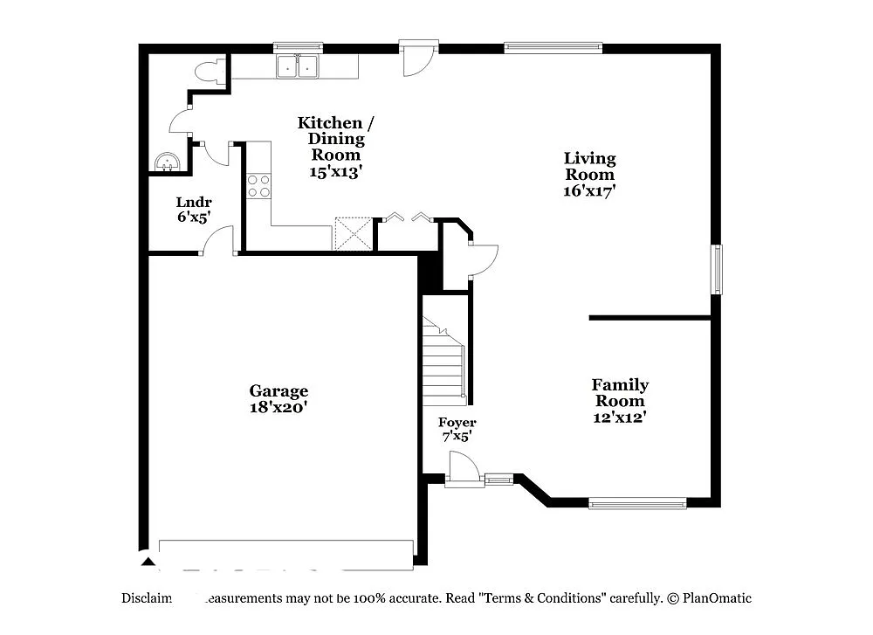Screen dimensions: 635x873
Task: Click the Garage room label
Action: pos(278,391)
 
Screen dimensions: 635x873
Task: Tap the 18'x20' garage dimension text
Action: pos(278,407)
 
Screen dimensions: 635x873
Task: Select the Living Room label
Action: pos(589,166)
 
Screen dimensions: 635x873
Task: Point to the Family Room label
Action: pos(620,392)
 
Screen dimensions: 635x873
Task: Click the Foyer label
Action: pos(457,423)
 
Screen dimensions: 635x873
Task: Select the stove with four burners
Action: pos(258,185)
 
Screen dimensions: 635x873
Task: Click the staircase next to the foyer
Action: pos(443,362)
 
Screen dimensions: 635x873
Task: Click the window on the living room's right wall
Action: pos(718,269)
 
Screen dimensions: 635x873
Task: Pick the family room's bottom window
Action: pos(637,502)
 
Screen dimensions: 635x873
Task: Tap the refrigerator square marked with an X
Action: pos(354,235)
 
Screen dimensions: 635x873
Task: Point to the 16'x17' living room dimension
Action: pos(589,189)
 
